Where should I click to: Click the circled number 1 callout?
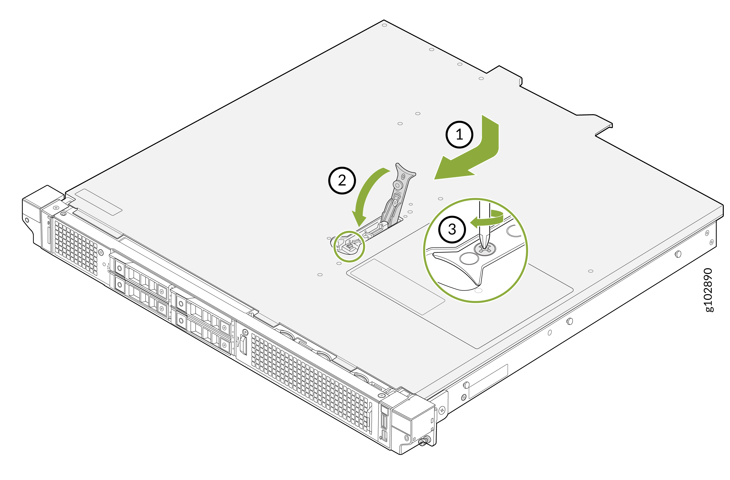[x=459, y=134]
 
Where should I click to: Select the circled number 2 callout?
[x=342, y=180]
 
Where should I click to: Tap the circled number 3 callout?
[x=452, y=230]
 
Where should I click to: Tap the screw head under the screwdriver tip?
[x=485, y=249]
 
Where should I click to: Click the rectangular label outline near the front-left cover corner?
[x=99, y=202]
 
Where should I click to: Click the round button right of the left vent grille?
[x=100, y=253]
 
